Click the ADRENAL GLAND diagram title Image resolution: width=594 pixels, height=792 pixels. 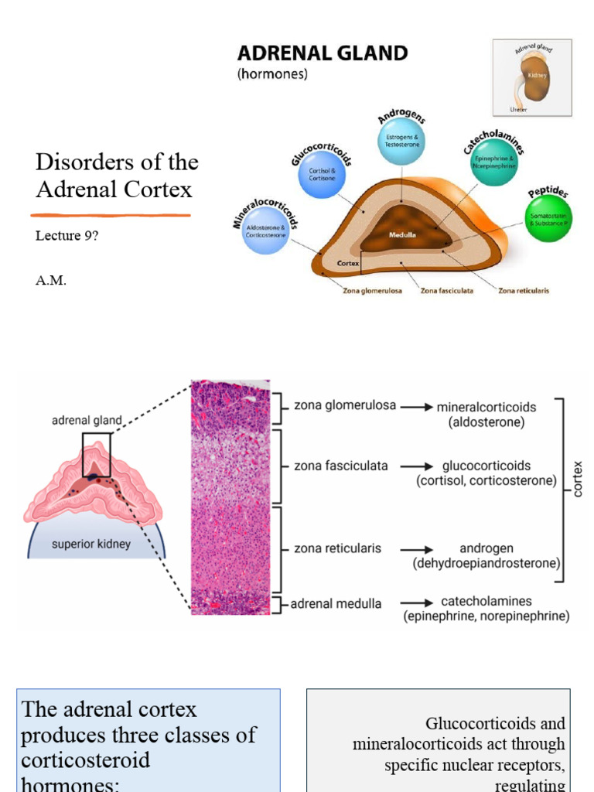[322, 53]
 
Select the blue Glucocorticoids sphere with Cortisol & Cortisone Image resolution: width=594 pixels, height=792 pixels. [322, 173]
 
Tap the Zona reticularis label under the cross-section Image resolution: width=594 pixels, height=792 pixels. [524, 291]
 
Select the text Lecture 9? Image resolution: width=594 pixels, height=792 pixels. [67, 236]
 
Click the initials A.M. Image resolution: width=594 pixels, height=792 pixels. [51, 281]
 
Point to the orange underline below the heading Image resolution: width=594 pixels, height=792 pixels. [111, 213]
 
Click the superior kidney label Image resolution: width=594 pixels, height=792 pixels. [91, 544]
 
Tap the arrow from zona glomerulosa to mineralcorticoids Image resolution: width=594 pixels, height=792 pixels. [416, 406]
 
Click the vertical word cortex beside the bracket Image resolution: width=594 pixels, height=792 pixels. [579, 480]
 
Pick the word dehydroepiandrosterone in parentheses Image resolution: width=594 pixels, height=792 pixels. [486, 563]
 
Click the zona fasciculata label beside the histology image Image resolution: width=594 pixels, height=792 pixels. [341, 466]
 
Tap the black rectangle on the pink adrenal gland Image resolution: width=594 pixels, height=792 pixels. [97, 455]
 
